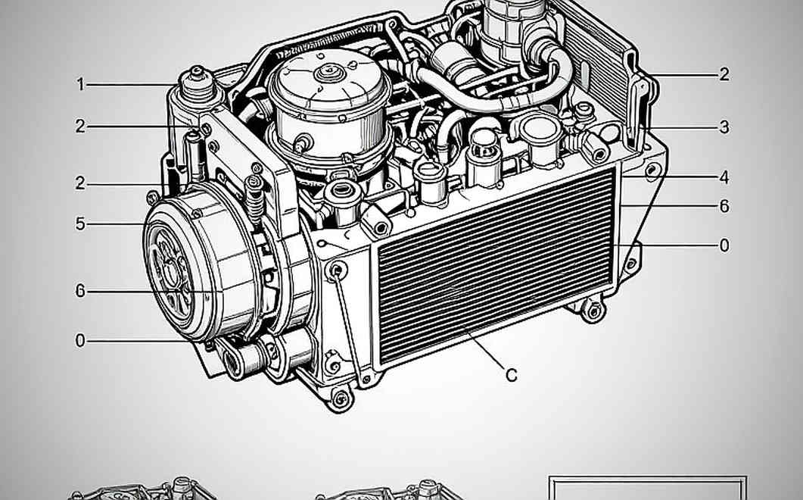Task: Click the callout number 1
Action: click(x=80, y=84)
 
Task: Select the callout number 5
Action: click(x=80, y=223)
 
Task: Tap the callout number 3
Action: click(x=724, y=127)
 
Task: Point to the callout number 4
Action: click(x=724, y=177)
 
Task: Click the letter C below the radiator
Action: click(x=511, y=376)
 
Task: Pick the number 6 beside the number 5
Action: click(x=80, y=291)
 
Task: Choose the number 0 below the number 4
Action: click(x=724, y=245)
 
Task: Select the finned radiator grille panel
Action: click(x=495, y=266)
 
